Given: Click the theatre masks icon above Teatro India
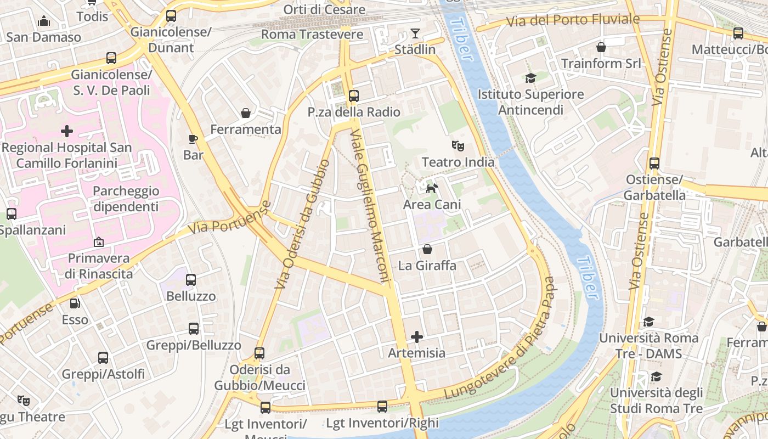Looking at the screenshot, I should [458, 146].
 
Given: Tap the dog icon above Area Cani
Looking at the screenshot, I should [432, 188].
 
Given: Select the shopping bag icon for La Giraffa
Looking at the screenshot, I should [427, 250].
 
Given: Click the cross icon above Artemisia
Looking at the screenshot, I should [417, 336].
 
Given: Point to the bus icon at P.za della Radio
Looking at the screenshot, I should [353, 95].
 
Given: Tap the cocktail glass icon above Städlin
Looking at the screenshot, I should [415, 33].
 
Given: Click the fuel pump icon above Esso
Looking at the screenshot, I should [75, 303].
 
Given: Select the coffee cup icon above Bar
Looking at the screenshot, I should [193, 139].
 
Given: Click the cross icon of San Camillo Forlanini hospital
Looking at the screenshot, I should [67, 131].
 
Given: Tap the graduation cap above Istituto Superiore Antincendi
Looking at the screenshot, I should [530, 78].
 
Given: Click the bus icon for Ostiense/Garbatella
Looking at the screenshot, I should [654, 163].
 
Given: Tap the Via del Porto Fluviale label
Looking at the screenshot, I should [573, 20].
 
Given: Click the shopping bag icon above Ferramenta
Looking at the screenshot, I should [246, 113].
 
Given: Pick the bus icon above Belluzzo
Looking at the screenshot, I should [191, 280].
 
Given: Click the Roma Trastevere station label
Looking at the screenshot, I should [312, 35].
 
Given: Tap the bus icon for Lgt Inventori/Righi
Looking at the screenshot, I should [382, 407].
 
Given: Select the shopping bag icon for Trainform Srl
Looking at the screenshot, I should [601, 47].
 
